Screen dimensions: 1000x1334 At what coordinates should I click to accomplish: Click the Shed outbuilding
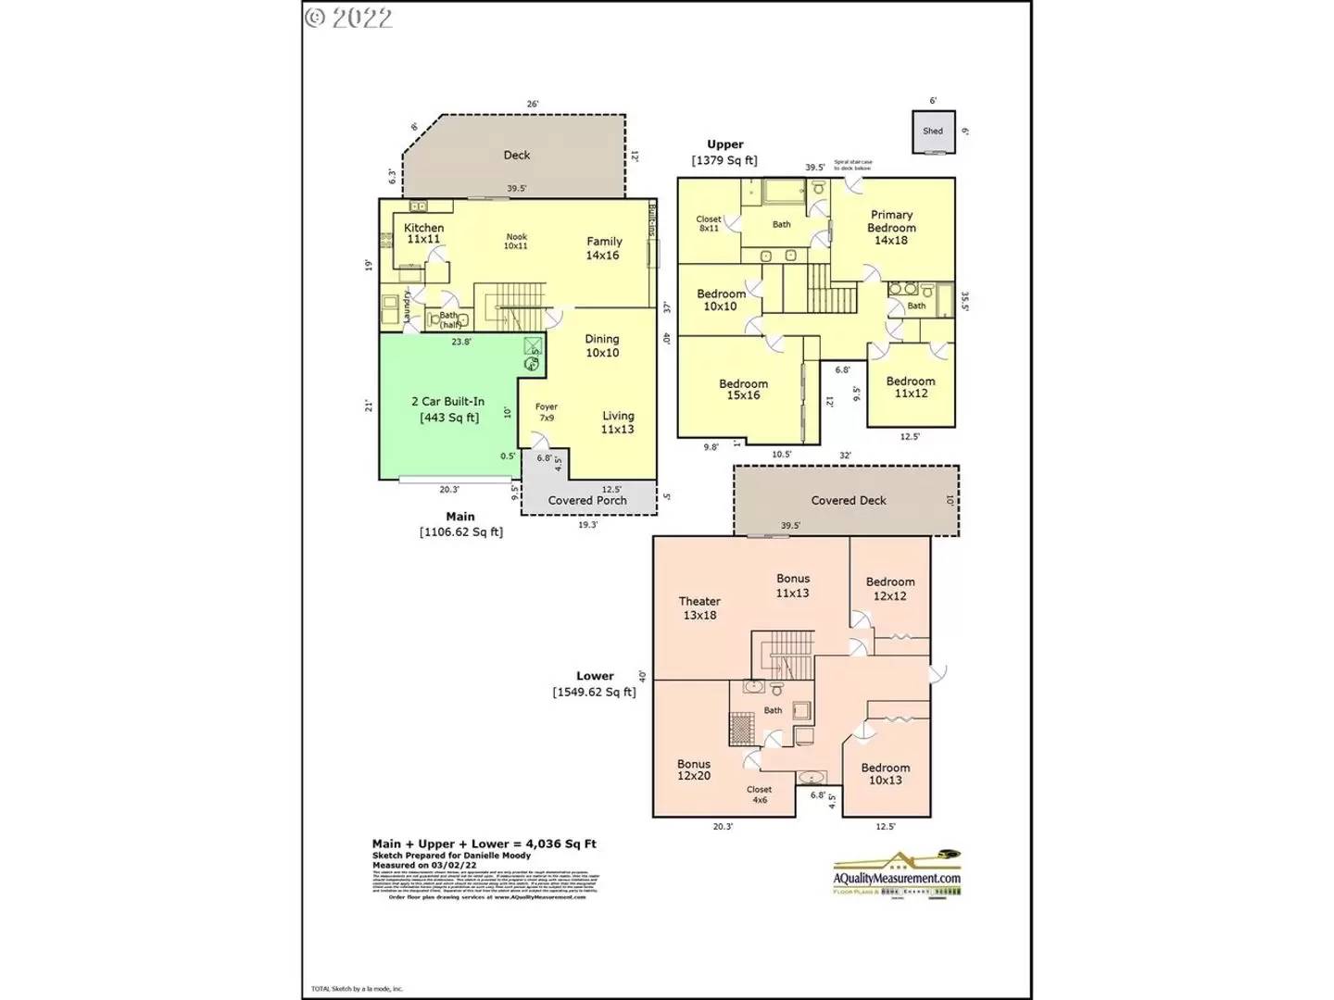click(x=933, y=131)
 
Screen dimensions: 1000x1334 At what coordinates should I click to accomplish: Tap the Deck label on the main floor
click(x=517, y=156)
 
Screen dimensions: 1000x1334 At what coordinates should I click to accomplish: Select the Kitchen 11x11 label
click(x=423, y=233)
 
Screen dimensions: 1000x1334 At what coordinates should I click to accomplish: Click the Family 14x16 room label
click(x=603, y=248)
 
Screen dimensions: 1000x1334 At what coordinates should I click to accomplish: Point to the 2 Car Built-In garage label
click(x=448, y=409)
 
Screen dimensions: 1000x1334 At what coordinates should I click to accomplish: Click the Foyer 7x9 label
click(x=547, y=412)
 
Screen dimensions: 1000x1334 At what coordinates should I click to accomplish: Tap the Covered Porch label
click(x=587, y=500)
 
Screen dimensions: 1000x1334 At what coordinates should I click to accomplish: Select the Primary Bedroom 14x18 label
click(x=891, y=227)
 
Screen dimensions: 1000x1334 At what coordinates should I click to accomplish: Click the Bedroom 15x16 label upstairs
click(x=743, y=389)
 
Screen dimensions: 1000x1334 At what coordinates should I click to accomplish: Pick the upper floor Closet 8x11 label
click(x=709, y=223)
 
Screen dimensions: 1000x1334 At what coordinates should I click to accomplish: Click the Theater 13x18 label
click(x=699, y=607)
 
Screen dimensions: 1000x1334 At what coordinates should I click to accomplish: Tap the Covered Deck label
click(x=849, y=500)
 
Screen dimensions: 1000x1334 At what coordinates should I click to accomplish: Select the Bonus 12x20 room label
click(x=694, y=769)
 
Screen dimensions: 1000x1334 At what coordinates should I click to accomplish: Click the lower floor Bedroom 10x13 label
click(x=886, y=773)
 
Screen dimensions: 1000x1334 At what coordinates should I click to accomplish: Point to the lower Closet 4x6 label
click(x=760, y=794)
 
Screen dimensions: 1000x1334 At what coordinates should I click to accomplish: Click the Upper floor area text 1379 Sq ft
click(x=724, y=160)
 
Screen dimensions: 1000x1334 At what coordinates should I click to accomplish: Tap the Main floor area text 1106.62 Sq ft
click(x=461, y=531)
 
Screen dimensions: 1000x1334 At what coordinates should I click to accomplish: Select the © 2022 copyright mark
click(x=349, y=18)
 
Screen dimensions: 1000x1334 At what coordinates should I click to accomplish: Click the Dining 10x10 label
click(x=602, y=345)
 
